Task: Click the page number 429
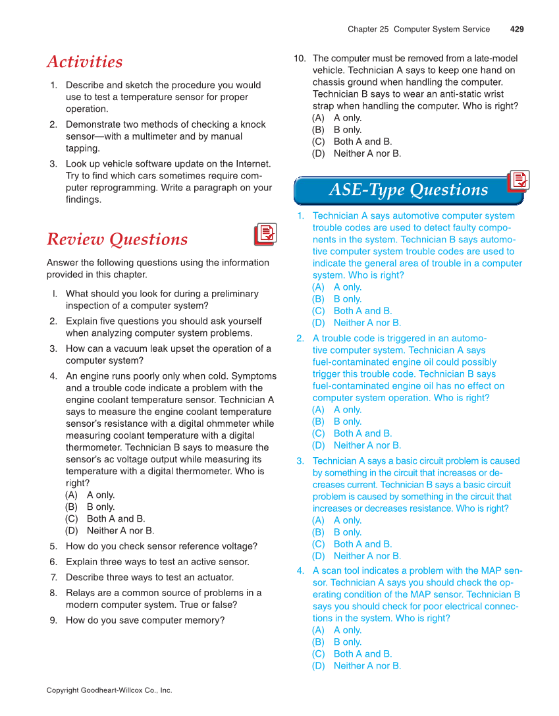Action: tap(517, 29)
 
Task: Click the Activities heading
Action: tap(84, 62)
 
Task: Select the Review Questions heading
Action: tap(117, 239)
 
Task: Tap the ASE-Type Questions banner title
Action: tap(408, 190)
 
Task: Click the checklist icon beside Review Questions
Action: tap(265, 234)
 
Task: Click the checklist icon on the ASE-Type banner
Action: tap(519, 181)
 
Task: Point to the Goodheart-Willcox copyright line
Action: tap(109, 690)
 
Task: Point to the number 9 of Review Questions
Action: tap(53, 620)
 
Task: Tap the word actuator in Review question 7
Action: tap(213, 578)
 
